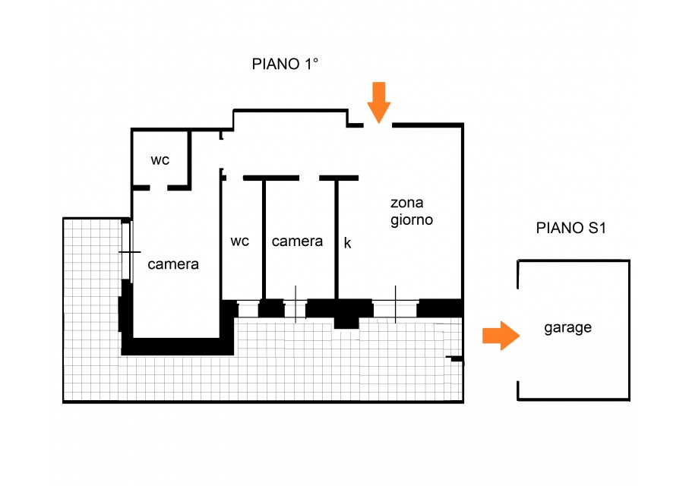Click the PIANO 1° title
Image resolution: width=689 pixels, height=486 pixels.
285,64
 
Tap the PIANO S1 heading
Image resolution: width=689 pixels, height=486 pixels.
570,228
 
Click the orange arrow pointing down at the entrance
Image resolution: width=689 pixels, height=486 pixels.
379,103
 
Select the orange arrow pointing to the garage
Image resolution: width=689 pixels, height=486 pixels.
501,336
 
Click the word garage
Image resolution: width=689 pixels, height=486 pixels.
567,328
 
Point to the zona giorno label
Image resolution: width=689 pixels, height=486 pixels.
412,211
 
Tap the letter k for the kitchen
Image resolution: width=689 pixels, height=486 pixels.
347,242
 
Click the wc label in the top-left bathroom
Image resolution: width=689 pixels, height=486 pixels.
160,160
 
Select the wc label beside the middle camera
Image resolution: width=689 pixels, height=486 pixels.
239,241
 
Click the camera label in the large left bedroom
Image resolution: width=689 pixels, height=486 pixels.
173,264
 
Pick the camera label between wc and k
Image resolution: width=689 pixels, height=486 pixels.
297,241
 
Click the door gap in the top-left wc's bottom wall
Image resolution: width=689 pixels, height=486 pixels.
159,188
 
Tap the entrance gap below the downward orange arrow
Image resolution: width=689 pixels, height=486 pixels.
378,125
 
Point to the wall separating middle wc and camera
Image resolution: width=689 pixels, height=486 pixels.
264,239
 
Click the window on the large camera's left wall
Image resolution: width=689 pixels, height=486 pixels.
126,251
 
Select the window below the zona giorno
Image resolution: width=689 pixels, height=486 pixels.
395,308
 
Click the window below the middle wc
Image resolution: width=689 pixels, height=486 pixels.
248,309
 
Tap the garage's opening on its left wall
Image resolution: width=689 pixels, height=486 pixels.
518,335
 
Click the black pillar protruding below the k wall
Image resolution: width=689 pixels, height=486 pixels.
346,323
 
